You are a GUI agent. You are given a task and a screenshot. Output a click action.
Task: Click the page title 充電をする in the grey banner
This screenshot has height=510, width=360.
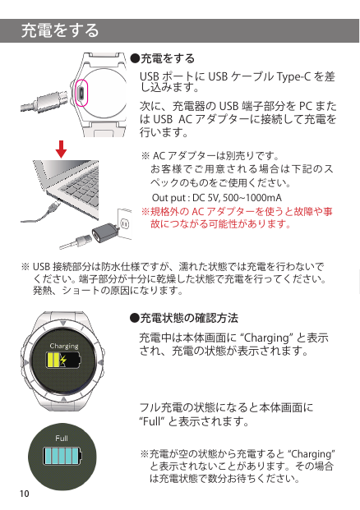click(60, 30)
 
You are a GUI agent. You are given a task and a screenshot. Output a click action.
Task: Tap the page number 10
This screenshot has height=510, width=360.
click(25, 494)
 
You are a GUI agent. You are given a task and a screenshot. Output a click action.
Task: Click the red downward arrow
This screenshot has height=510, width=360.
click(61, 149)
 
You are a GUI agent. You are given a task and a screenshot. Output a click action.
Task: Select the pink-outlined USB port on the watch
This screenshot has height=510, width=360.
click(81, 93)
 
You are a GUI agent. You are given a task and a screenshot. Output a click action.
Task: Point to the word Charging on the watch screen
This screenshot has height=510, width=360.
click(64, 347)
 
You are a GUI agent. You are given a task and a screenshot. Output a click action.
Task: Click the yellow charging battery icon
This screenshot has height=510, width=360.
click(63, 360)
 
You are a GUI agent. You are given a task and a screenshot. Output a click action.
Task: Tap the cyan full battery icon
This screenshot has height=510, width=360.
click(62, 456)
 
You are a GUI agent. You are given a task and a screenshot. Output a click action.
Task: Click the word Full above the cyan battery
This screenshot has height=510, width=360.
click(62, 439)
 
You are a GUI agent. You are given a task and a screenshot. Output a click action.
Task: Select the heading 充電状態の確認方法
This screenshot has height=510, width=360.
click(184, 318)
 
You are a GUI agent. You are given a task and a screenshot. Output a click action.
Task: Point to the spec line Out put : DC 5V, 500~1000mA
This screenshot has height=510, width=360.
click(217, 198)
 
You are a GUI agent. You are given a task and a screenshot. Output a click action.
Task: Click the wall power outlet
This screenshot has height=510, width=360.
click(125, 225)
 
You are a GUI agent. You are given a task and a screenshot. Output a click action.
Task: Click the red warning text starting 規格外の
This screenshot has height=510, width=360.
click(237, 218)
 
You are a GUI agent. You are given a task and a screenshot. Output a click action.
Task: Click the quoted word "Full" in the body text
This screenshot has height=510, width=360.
click(152, 421)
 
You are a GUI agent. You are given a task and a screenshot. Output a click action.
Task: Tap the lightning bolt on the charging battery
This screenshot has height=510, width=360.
click(63, 360)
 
